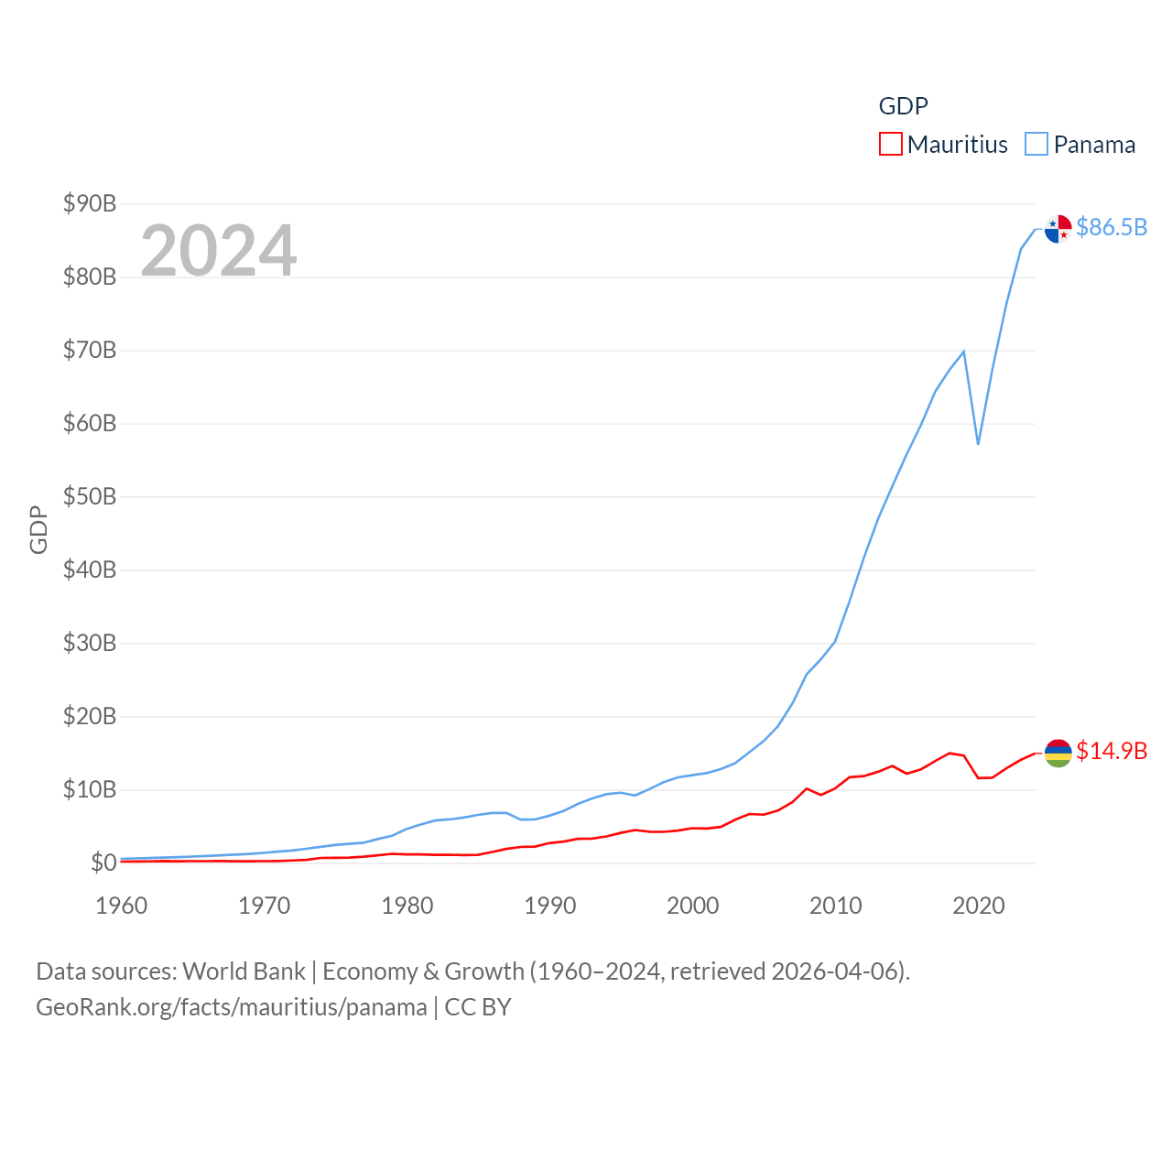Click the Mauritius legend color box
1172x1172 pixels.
890,145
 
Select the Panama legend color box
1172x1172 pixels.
1036,145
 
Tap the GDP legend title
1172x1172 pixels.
903,106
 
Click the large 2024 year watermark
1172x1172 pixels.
218,250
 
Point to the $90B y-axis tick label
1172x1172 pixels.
90,203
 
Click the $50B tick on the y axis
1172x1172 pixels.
90,496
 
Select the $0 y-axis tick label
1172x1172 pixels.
103,863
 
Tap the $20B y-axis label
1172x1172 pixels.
90,716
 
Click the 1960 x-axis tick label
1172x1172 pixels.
121,906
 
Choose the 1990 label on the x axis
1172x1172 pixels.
549,906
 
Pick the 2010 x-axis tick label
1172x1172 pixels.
835,906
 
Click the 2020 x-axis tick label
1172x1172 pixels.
978,906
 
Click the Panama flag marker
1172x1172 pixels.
1058,229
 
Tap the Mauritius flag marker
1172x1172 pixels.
1058,753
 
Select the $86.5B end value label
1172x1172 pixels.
1112,227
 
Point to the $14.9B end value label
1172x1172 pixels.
1112,751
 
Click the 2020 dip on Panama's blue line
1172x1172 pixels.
978,444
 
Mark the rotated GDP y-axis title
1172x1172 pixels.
38,529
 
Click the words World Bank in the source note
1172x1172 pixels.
244,971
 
